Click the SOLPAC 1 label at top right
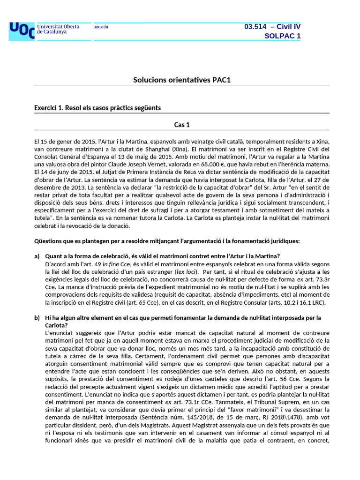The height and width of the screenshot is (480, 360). coord(282,36)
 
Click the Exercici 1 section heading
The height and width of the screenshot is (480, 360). coord(97,108)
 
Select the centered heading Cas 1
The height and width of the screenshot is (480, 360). coord(182,125)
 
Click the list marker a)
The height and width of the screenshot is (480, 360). coord(37,256)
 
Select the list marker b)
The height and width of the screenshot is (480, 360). coord(37,318)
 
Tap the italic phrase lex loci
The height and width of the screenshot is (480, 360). coord(185,271)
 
